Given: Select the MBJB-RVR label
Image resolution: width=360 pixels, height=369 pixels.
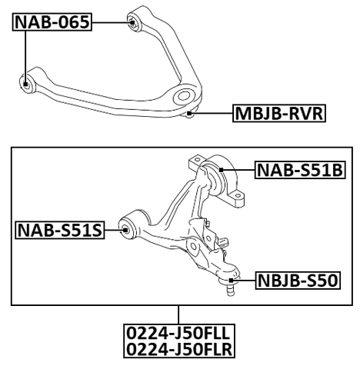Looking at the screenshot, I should coord(279,116).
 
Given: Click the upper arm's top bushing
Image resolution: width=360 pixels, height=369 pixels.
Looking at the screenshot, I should coord(132,22).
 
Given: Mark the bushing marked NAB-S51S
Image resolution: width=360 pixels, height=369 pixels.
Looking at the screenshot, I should coord(129,228).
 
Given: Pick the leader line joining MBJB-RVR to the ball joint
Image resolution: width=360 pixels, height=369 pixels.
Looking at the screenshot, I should coord(214,115).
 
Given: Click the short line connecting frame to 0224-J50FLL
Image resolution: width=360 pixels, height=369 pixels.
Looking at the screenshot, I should coord(179,316).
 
